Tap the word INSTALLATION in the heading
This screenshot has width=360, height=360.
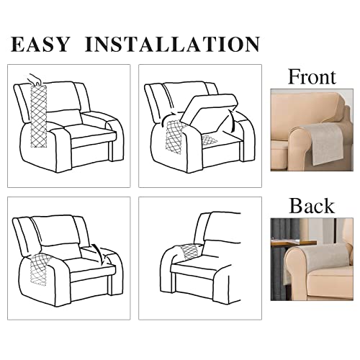pyautogui.click(x=172, y=44)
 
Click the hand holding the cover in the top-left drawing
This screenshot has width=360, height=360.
pyautogui.click(x=32, y=77)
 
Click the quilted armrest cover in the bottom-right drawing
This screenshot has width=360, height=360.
pyautogui.click(x=189, y=252)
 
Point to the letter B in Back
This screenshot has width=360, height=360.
pyautogui.click(x=295, y=206)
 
